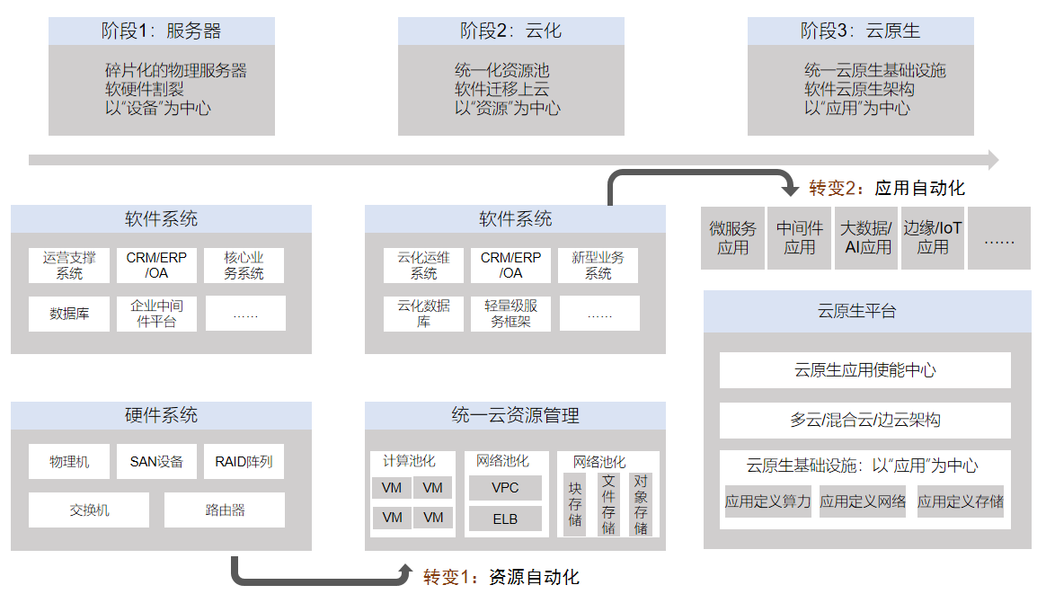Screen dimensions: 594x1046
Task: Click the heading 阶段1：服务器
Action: click(x=161, y=31)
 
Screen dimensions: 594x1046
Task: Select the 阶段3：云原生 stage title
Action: click(x=860, y=31)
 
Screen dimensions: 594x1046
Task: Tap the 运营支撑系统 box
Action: click(x=69, y=265)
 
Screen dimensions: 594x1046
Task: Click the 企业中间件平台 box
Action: click(x=156, y=314)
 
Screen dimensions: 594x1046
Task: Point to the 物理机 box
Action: click(x=69, y=462)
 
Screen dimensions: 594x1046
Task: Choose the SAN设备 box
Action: click(x=156, y=462)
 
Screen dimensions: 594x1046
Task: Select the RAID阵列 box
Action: click(x=244, y=462)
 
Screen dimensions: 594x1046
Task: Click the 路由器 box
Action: click(x=224, y=510)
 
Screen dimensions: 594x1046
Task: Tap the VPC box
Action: click(x=505, y=488)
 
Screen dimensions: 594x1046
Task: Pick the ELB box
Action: click(x=505, y=519)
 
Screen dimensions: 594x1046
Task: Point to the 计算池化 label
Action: click(x=409, y=461)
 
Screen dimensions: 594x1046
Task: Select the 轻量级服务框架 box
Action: click(x=510, y=314)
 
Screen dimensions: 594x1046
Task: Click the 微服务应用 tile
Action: click(x=732, y=238)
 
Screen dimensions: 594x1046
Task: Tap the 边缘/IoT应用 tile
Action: click(x=932, y=238)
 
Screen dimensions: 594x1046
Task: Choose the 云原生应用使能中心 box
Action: click(x=865, y=370)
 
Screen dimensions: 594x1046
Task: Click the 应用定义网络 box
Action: click(x=863, y=501)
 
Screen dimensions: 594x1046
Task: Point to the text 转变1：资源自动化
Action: click(x=501, y=577)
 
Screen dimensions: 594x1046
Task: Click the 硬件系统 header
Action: click(x=161, y=416)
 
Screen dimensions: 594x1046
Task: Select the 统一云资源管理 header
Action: click(x=515, y=416)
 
